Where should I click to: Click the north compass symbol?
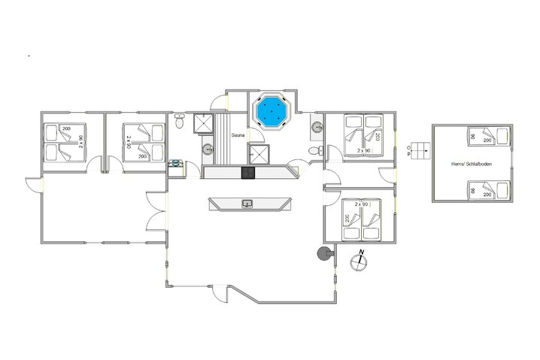(360, 259)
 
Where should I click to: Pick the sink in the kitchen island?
(247, 203)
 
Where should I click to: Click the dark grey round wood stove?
(323, 254)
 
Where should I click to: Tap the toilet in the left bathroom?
(180, 120)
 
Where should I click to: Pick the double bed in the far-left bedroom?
(64, 143)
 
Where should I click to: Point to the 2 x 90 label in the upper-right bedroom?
(365, 151)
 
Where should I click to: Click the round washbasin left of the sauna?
(205, 149)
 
